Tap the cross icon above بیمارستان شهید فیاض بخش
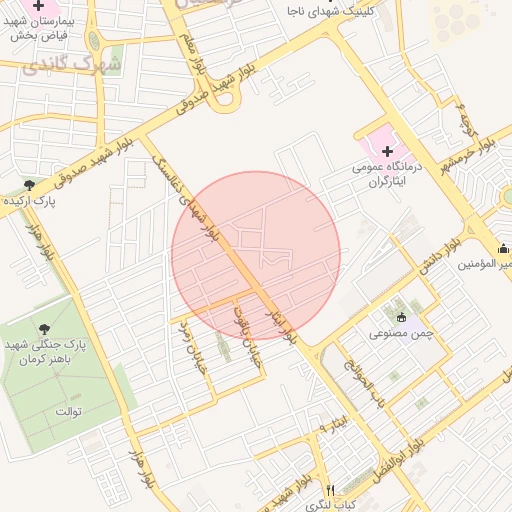pos(39,6)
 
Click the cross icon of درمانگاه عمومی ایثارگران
pos(388,151)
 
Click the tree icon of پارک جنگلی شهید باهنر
pos(44,327)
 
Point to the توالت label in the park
pos(67,411)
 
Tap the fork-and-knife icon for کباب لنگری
pos(330,490)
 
